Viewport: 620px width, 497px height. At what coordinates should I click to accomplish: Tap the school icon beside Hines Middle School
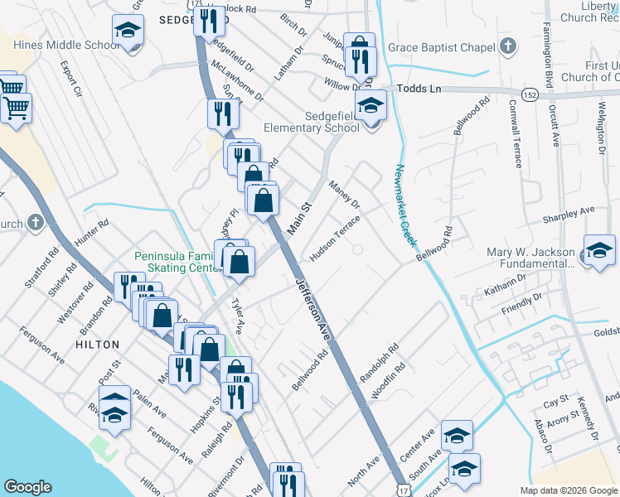[x=127, y=32]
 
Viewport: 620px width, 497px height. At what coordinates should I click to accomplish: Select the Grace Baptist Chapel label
[x=442, y=47]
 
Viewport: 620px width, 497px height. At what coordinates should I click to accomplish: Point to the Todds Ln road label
[x=421, y=88]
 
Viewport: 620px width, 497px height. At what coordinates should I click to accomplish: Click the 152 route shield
[x=530, y=95]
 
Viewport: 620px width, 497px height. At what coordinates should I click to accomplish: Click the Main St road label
[x=298, y=219]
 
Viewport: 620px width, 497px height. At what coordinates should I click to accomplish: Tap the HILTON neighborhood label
[x=98, y=344]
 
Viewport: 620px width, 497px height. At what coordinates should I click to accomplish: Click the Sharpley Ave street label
[x=569, y=211]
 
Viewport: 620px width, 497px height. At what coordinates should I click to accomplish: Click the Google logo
[x=28, y=487]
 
